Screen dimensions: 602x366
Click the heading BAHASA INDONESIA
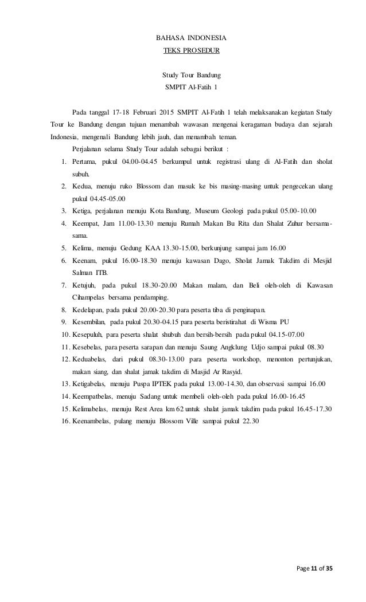(192, 38)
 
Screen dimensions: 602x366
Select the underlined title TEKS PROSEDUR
(191, 51)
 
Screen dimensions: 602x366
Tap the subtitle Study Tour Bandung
(192, 76)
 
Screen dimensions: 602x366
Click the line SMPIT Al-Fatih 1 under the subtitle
(192, 88)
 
